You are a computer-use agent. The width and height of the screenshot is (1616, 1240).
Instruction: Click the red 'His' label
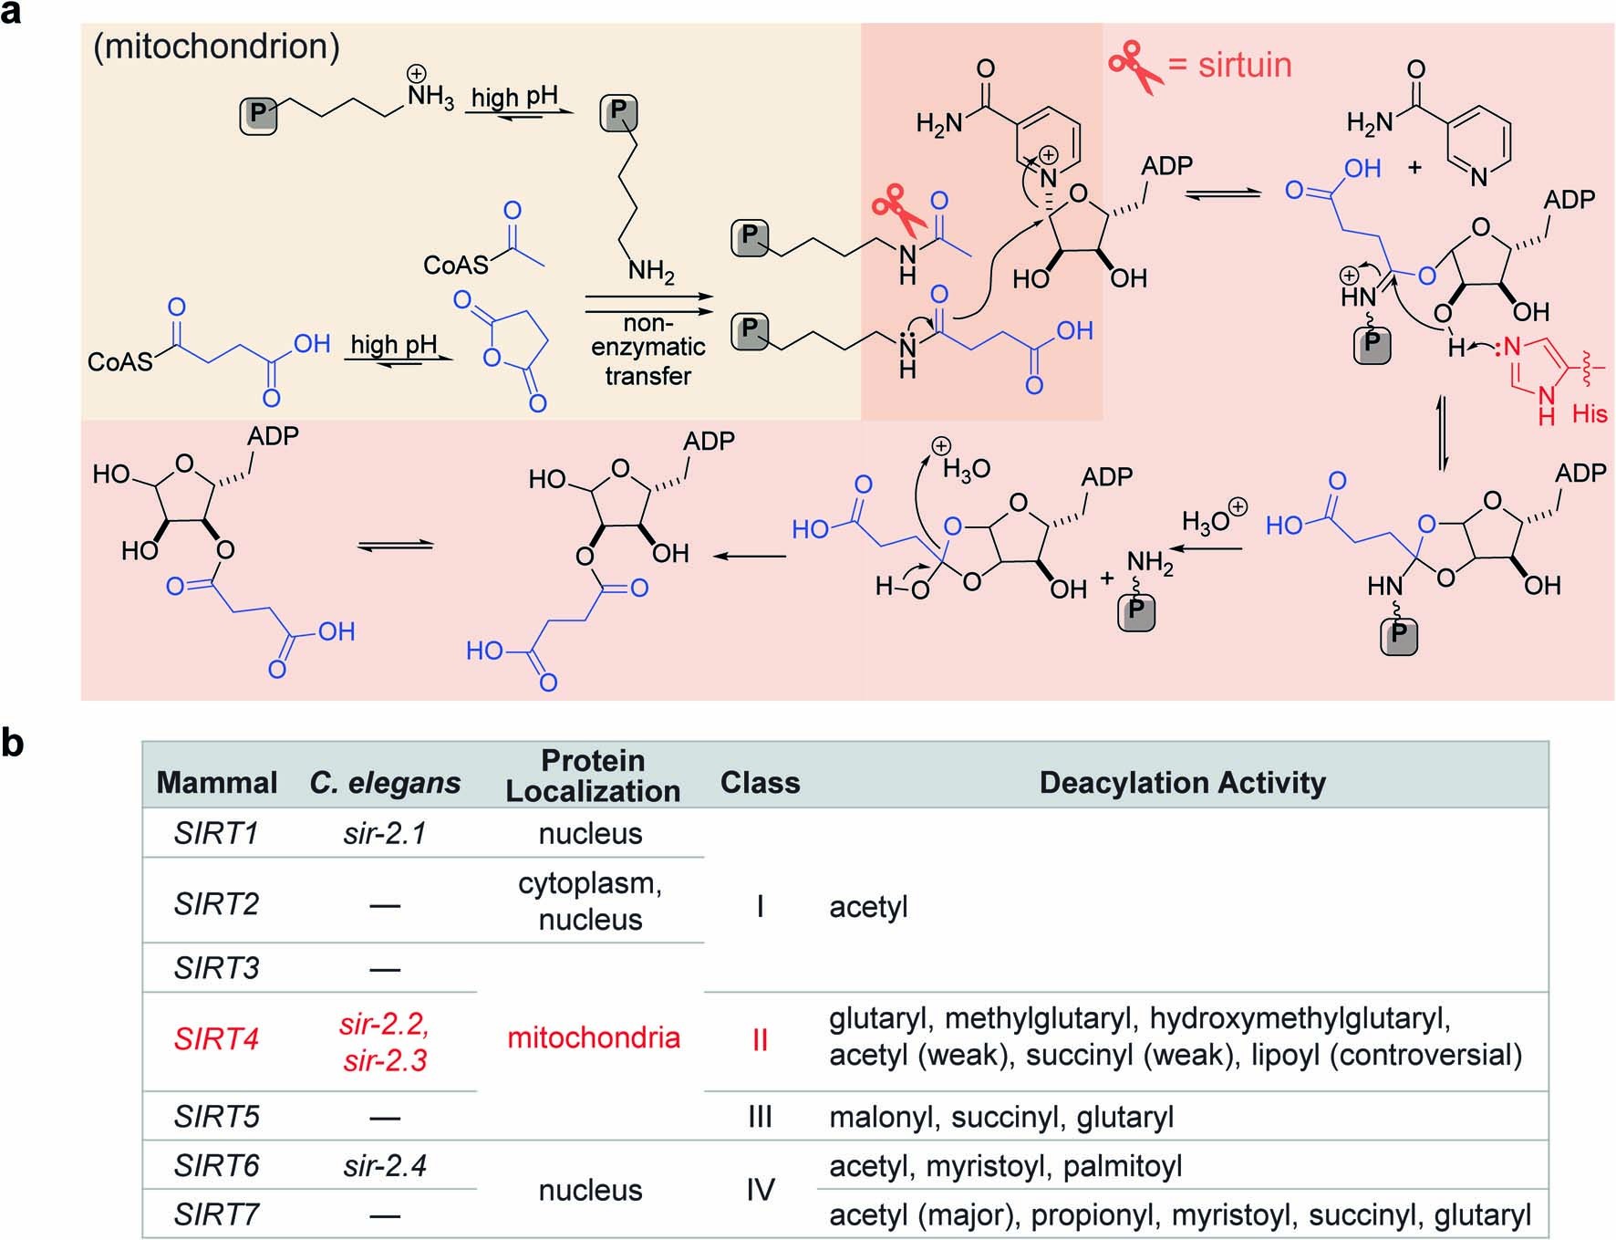click(x=1589, y=414)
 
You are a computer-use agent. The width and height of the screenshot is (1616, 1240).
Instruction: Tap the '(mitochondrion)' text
click(x=216, y=47)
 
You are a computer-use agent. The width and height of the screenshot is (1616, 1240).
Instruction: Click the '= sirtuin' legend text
click(x=1229, y=66)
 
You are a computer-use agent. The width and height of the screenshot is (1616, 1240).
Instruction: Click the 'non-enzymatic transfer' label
click(x=647, y=349)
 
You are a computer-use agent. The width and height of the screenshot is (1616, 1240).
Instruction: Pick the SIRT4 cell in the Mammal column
click(x=216, y=1039)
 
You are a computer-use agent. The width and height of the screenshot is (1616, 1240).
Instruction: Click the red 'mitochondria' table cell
click(x=593, y=1037)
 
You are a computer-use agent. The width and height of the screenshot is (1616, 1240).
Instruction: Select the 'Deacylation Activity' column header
click(x=1182, y=783)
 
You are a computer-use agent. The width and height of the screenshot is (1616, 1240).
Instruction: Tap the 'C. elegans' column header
click(x=384, y=783)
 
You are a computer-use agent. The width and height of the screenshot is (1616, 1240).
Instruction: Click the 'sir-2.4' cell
click(x=384, y=1165)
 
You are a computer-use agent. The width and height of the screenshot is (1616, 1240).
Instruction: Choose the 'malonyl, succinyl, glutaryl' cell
click(x=1000, y=1117)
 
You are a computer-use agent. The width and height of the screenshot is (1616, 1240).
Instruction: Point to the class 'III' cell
click(x=759, y=1117)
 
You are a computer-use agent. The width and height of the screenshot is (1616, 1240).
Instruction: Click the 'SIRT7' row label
click(x=216, y=1214)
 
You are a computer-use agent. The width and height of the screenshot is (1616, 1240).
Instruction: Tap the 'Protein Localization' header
click(x=593, y=776)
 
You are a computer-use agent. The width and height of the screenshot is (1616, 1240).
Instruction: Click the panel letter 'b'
click(x=12, y=744)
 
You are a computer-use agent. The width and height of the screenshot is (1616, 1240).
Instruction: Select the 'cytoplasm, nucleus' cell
click(x=590, y=901)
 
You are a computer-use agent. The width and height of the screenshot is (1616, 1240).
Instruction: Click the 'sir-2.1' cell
click(x=384, y=833)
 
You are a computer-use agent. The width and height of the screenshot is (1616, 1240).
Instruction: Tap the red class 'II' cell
click(x=759, y=1040)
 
